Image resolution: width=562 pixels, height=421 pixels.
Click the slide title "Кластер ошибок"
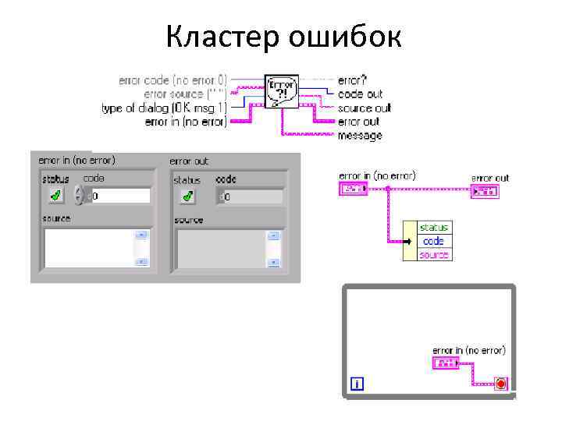pyautogui.click(x=283, y=36)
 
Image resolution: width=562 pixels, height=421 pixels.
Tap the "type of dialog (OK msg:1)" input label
pyautogui.click(x=164, y=108)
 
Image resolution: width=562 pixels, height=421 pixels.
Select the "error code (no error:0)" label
pyautogui.click(x=173, y=80)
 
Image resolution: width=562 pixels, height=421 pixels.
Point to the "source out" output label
pyautogui.click(x=365, y=108)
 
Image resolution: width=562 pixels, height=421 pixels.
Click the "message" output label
pyautogui.click(x=360, y=136)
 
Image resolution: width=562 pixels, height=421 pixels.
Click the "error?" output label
pyautogui.click(x=354, y=80)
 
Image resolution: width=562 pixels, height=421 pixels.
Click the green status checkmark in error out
pyautogui.click(x=187, y=196)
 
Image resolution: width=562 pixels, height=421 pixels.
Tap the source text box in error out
pyautogui.click(x=222, y=248)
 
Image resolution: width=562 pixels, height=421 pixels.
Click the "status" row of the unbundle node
pyautogui.click(x=434, y=228)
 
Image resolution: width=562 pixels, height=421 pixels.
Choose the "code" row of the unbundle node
pyautogui.click(x=433, y=242)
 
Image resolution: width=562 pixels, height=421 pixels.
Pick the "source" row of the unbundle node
pyautogui.click(x=434, y=255)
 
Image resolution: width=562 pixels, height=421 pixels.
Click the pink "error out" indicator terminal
pyautogui.click(x=483, y=191)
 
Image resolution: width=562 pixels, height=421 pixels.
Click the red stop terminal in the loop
pyautogui.click(x=500, y=384)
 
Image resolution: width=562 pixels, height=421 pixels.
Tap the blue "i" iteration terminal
pyautogui.click(x=357, y=384)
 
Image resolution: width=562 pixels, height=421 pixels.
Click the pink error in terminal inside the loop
pyautogui.click(x=445, y=363)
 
